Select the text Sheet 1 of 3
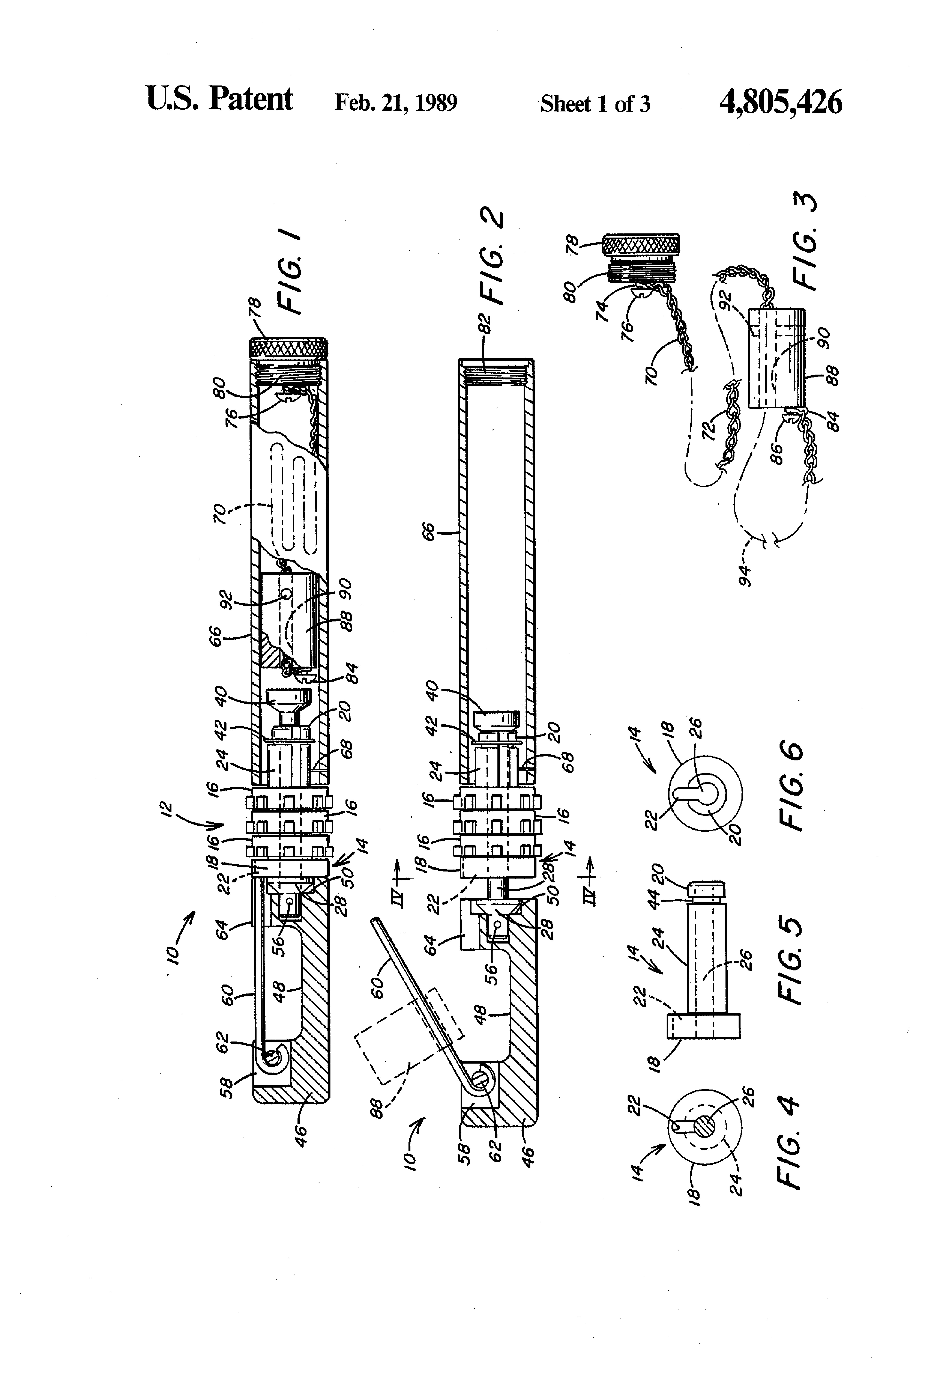point(595,104)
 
